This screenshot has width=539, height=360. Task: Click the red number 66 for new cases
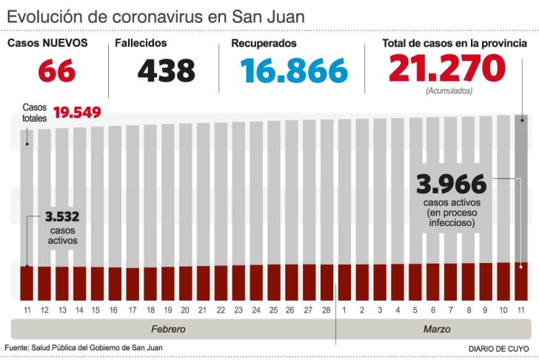pyautogui.click(x=56, y=71)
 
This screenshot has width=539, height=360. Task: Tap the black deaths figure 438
pyautogui.click(x=166, y=71)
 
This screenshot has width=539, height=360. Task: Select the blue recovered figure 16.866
pyautogui.click(x=294, y=71)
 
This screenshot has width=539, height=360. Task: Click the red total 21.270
pyautogui.click(x=446, y=70)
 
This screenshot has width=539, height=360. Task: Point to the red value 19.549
pyautogui.click(x=77, y=113)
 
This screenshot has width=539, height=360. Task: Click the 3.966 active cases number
pyautogui.click(x=451, y=184)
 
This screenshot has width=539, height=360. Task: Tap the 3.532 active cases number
pyautogui.click(x=62, y=217)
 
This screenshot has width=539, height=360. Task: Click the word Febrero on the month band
pyautogui.click(x=168, y=329)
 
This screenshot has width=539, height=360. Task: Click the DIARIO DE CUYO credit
pyautogui.click(x=498, y=348)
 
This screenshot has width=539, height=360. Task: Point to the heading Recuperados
pyautogui.click(x=264, y=44)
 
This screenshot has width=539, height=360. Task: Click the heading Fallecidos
pyautogui.click(x=141, y=44)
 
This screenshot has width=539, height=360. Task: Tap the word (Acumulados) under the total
pyautogui.click(x=449, y=91)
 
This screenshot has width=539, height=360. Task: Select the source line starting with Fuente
pyautogui.click(x=84, y=347)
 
